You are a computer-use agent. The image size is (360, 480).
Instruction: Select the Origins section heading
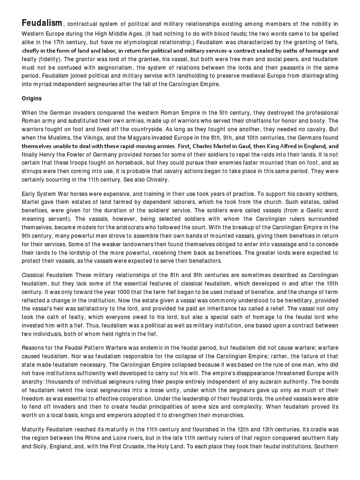click(32, 99)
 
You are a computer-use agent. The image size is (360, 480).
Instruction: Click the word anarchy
click(33, 375)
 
